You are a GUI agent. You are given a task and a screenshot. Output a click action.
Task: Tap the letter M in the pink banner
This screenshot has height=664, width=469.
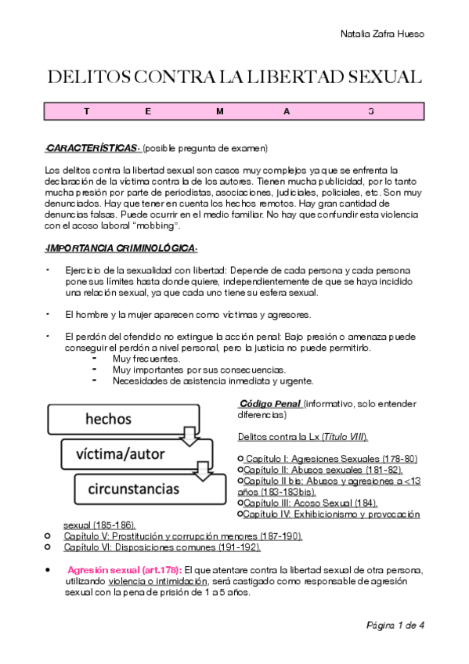tap(220, 111)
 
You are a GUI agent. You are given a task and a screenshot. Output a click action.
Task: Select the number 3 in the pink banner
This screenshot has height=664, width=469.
tap(371, 111)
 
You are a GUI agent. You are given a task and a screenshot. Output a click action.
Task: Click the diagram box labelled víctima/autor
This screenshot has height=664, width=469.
tap(125, 453)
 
